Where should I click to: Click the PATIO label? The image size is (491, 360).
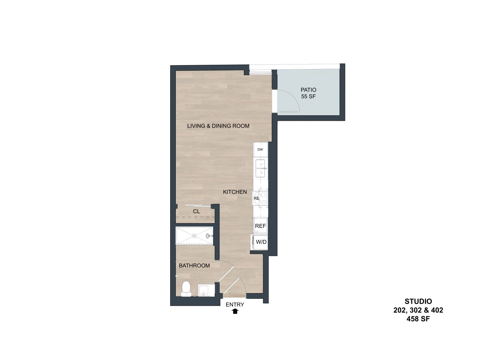click(x=308, y=90)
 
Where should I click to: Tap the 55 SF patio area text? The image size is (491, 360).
click(x=308, y=97)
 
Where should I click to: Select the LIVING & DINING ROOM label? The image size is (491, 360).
click(x=218, y=126)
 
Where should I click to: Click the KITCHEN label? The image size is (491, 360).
click(x=235, y=192)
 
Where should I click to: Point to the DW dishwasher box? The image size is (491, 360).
click(x=260, y=150)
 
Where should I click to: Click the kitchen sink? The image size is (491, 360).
click(x=261, y=168)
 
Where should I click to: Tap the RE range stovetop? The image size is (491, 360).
click(x=260, y=198)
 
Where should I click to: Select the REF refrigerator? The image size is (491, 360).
click(x=261, y=226)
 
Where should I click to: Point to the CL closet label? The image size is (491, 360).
click(x=196, y=211)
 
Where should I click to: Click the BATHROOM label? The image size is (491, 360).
click(x=194, y=265)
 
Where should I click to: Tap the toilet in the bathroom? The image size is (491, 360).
click(x=186, y=289)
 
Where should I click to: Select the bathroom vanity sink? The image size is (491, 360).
click(x=206, y=290)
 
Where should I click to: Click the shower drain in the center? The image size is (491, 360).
click(x=194, y=236)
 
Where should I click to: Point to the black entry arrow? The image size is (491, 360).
click(x=235, y=311)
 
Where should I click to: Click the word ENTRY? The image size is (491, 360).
click(x=235, y=305)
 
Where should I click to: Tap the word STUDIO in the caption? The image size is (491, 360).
click(x=418, y=301)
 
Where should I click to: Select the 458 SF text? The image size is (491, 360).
click(x=418, y=319)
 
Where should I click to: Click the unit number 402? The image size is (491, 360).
click(x=437, y=310)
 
